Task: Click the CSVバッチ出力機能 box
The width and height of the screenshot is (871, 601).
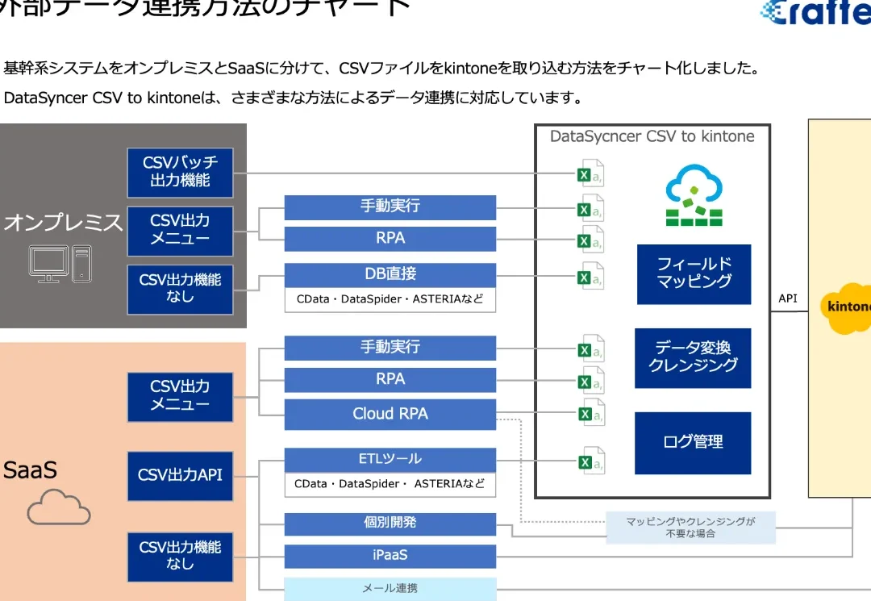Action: click(180, 172)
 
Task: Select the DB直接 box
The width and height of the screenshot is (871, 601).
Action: click(390, 274)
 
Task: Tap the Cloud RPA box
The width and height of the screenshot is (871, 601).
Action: click(390, 414)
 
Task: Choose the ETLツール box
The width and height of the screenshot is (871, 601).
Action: click(390, 459)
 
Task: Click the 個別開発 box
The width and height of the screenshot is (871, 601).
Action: click(390, 523)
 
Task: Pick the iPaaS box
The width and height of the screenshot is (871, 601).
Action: click(390, 556)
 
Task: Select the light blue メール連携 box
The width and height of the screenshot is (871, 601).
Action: click(390, 589)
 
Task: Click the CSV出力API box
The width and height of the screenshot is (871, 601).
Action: click(180, 476)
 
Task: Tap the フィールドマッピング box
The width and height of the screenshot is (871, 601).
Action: click(694, 273)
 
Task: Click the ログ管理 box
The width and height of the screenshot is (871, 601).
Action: click(693, 442)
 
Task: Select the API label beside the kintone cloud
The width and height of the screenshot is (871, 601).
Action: click(788, 298)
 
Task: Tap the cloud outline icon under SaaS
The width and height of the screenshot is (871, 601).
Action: click(59, 508)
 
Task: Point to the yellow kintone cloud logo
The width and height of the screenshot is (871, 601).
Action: click(847, 307)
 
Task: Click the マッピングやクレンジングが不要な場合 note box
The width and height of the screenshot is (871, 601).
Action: click(690, 528)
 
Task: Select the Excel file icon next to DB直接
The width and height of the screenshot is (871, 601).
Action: click(590, 278)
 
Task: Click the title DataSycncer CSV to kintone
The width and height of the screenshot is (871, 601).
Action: click(652, 136)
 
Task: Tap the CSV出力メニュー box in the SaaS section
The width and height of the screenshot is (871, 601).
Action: click(180, 396)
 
